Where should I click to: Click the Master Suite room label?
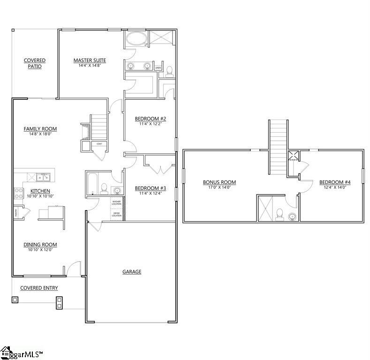(89, 60)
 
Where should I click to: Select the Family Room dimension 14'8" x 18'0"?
(40, 134)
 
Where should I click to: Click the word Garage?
(132, 271)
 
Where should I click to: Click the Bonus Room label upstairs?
(219, 182)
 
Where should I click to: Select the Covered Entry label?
(38, 288)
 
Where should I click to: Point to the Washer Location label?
(116, 202)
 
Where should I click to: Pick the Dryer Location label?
(116, 214)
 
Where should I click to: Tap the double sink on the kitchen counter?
(44, 177)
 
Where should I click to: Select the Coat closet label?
(99, 144)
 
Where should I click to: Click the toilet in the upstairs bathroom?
(279, 214)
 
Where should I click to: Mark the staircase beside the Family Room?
(99, 127)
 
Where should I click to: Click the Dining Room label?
(40, 245)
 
